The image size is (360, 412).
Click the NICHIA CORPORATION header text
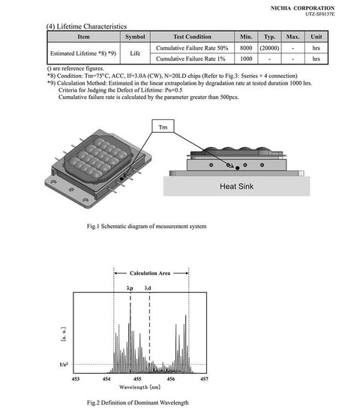pos(302,8)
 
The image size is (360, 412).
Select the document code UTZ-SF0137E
pos(319,14)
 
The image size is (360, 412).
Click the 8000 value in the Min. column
pos(246,48)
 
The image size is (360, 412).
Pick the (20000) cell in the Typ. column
pos(269,48)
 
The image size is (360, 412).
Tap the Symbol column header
pos(135,37)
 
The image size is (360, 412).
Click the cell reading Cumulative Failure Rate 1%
pos(190,59)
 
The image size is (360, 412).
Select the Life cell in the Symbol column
pos(135,53)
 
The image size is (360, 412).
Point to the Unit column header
pos(316,37)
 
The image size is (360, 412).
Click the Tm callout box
pos(163,126)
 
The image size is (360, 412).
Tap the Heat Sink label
pos(236,187)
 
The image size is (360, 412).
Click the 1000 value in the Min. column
pos(246,59)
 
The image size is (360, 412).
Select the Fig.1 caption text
pos(146,226)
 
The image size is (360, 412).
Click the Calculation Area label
pos(150,273)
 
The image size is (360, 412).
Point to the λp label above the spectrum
pos(130,288)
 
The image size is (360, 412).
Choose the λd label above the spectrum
pos(148,288)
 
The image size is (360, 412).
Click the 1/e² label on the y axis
pos(64,364)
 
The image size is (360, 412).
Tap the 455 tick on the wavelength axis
pos(137,379)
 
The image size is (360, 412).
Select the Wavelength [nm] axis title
pos(139,387)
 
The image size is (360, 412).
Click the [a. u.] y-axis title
pos(64,334)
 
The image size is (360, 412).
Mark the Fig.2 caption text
pos(137,402)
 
